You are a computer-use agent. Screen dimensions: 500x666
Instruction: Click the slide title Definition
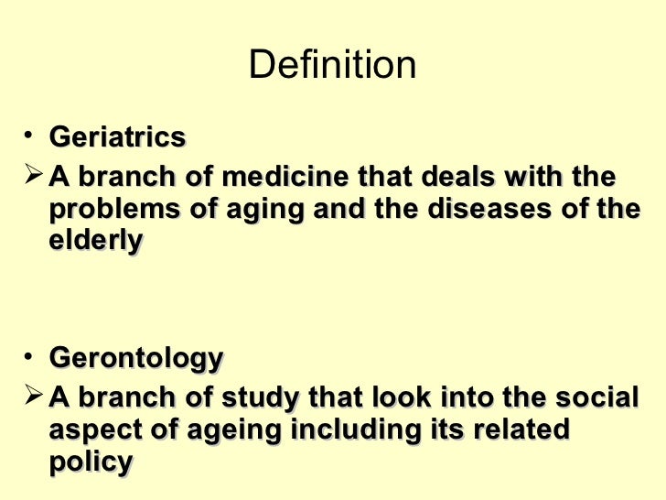coord(332,65)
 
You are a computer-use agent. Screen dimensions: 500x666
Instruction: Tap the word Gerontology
coord(135,358)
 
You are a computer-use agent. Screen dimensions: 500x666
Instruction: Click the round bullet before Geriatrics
coord(31,137)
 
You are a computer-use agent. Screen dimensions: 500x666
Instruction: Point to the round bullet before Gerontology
coord(31,357)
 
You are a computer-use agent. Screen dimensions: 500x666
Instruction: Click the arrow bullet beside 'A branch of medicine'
coord(34,174)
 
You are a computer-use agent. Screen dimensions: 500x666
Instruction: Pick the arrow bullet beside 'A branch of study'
coord(34,396)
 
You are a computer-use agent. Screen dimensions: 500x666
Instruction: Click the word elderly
coord(95,242)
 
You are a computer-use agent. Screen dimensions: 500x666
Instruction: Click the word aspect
coord(95,430)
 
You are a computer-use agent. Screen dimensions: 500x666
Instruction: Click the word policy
coord(90,462)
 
